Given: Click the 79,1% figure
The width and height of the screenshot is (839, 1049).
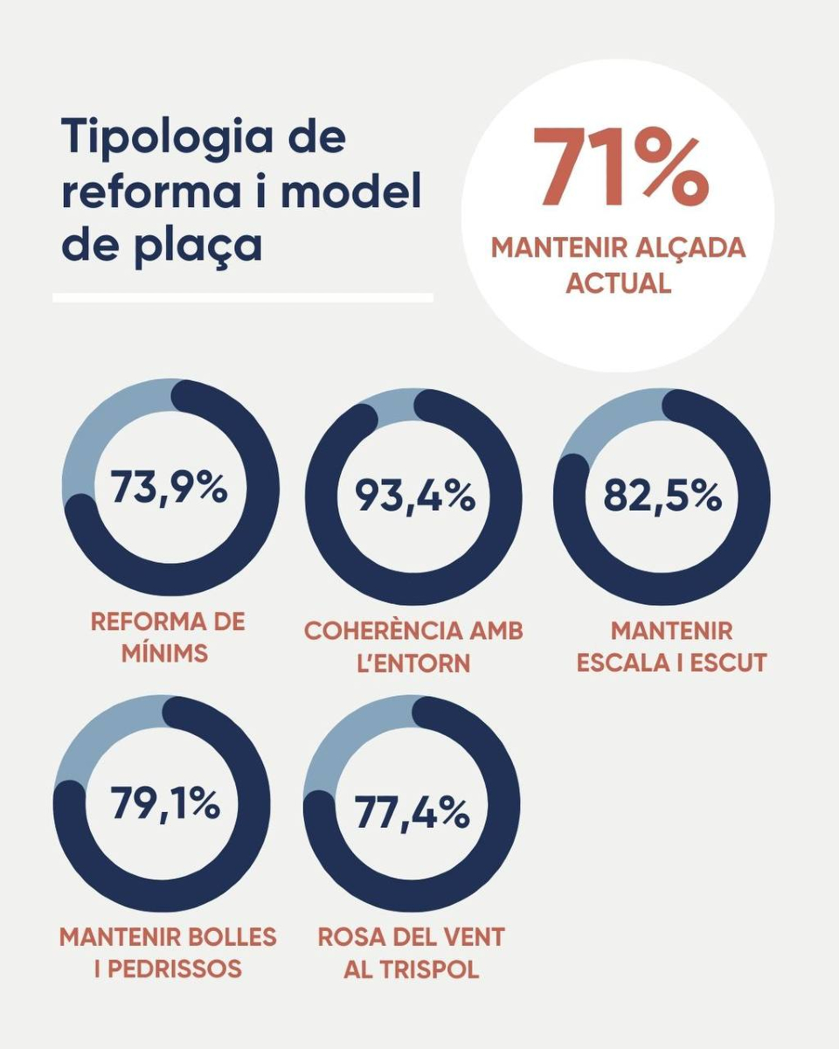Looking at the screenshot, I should pos(165,803).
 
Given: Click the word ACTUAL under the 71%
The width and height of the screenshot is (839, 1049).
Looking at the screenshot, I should pos(619,283).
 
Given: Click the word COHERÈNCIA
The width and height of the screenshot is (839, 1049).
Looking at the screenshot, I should pos(372,630).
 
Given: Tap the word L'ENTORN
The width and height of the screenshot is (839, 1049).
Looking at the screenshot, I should pos(413,663).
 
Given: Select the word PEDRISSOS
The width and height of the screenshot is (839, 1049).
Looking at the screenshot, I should pos(180,969).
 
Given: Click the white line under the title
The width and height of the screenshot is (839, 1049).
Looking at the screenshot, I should pos(243,298).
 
